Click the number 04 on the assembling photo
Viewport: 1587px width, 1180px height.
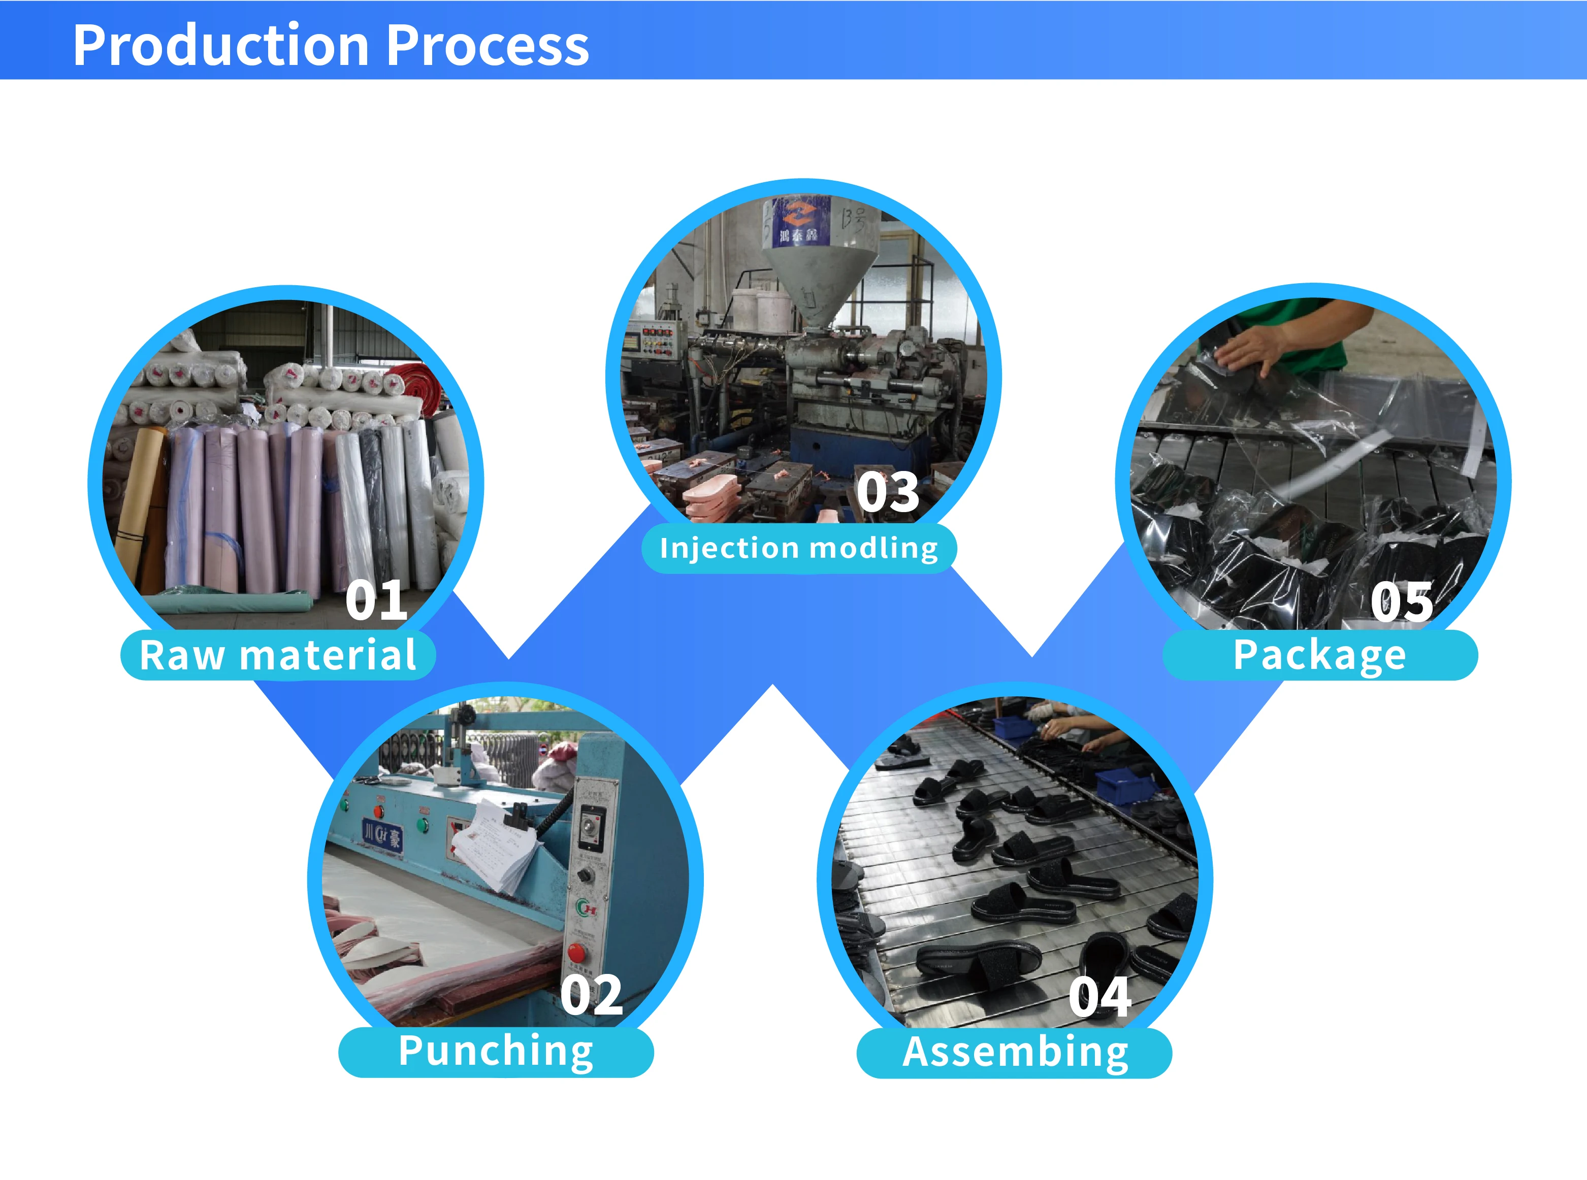1099,997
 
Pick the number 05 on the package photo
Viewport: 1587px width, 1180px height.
1401,601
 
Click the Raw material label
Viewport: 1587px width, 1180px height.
278,655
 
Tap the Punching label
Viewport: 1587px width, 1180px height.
496,1052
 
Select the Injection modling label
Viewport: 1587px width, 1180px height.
799,548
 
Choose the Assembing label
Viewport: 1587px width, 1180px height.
1015,1053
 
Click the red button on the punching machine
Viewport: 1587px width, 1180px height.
576,953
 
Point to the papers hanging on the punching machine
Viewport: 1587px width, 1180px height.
493,847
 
